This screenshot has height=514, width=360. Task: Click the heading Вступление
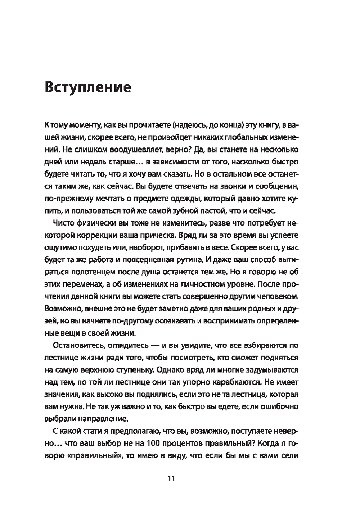click(x=87, y=87)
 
